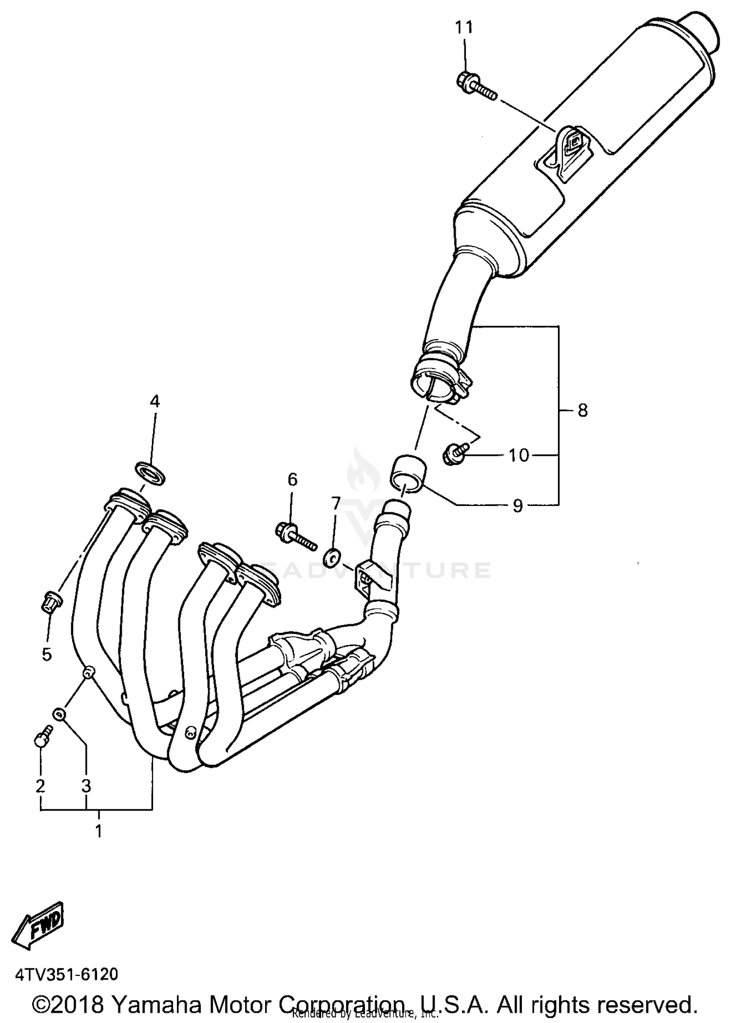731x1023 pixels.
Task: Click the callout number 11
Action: (x=464, y=28)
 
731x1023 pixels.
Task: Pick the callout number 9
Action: (x=518, y=506)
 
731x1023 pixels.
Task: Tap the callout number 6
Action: (x=292, y=480)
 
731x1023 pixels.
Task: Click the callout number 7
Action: (x=335, y=504)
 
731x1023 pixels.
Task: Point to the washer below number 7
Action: (x=333, y=558)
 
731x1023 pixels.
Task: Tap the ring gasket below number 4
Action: (x=150, y=474)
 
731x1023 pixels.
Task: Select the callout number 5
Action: (x=46, y=654)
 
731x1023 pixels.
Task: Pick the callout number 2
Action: (x=40, y=785)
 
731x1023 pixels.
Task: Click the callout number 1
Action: (x=98, y=831)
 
